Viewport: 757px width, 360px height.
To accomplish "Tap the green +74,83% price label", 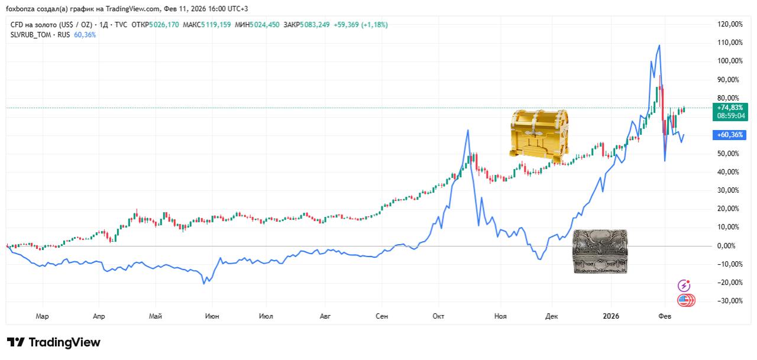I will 729,108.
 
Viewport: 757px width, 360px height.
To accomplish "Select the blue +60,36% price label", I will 729,135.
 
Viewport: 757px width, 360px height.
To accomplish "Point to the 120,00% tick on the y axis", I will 729,24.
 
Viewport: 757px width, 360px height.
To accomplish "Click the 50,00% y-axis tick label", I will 729,154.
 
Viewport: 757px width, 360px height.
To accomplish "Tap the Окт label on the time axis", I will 438,316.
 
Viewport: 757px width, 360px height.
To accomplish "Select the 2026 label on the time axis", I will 610,316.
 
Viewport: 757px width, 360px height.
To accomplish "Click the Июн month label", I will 212,316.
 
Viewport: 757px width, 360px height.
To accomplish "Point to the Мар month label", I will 42,316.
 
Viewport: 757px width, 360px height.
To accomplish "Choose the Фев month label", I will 665,316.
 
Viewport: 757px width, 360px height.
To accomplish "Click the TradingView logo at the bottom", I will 54,343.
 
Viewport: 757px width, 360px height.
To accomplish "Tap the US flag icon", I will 686,300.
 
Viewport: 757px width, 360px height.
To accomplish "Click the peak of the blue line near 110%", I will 659,46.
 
